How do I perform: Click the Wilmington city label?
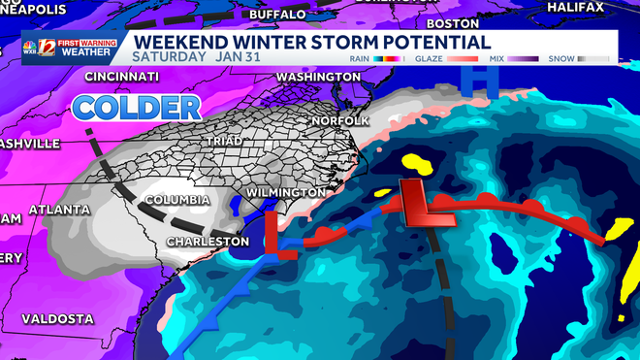286,192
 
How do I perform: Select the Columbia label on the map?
176,200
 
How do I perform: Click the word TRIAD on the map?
223,141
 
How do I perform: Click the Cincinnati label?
121,76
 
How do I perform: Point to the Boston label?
453,22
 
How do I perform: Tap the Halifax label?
604,7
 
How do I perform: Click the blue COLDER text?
137,107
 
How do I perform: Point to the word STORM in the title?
351,42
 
